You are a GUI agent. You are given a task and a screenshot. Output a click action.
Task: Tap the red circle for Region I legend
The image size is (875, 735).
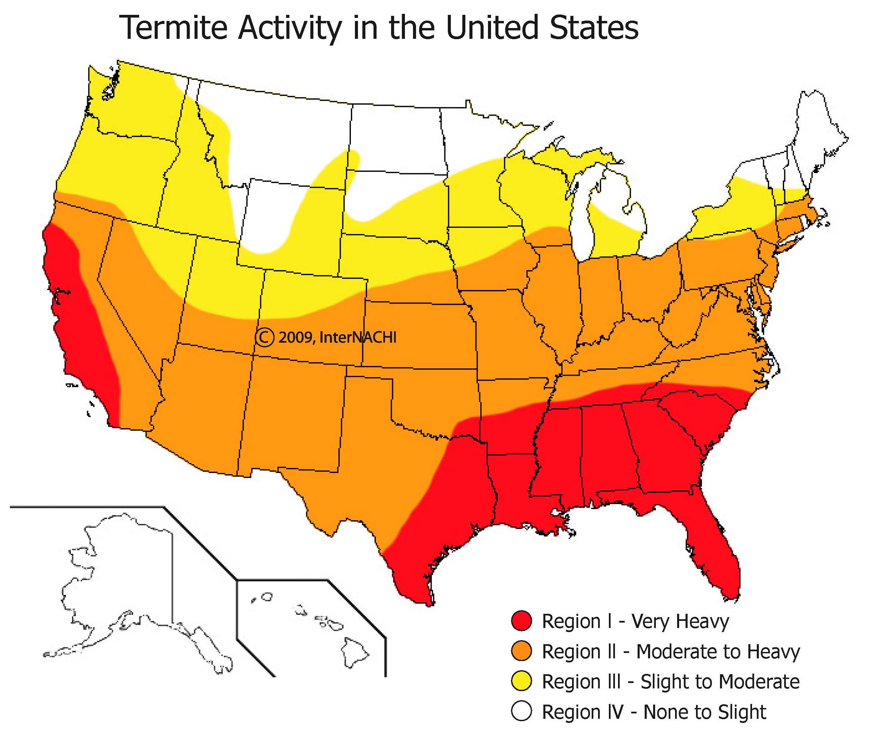click(521, 621)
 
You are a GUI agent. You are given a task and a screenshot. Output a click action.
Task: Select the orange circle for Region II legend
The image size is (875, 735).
click(521, 651)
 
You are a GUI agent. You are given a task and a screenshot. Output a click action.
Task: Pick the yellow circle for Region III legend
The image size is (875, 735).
click(521, 682)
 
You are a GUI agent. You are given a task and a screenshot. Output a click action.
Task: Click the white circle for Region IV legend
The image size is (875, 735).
click(521, 712)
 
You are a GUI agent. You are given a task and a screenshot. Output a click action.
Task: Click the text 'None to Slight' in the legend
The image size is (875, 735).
click(704, 712)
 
